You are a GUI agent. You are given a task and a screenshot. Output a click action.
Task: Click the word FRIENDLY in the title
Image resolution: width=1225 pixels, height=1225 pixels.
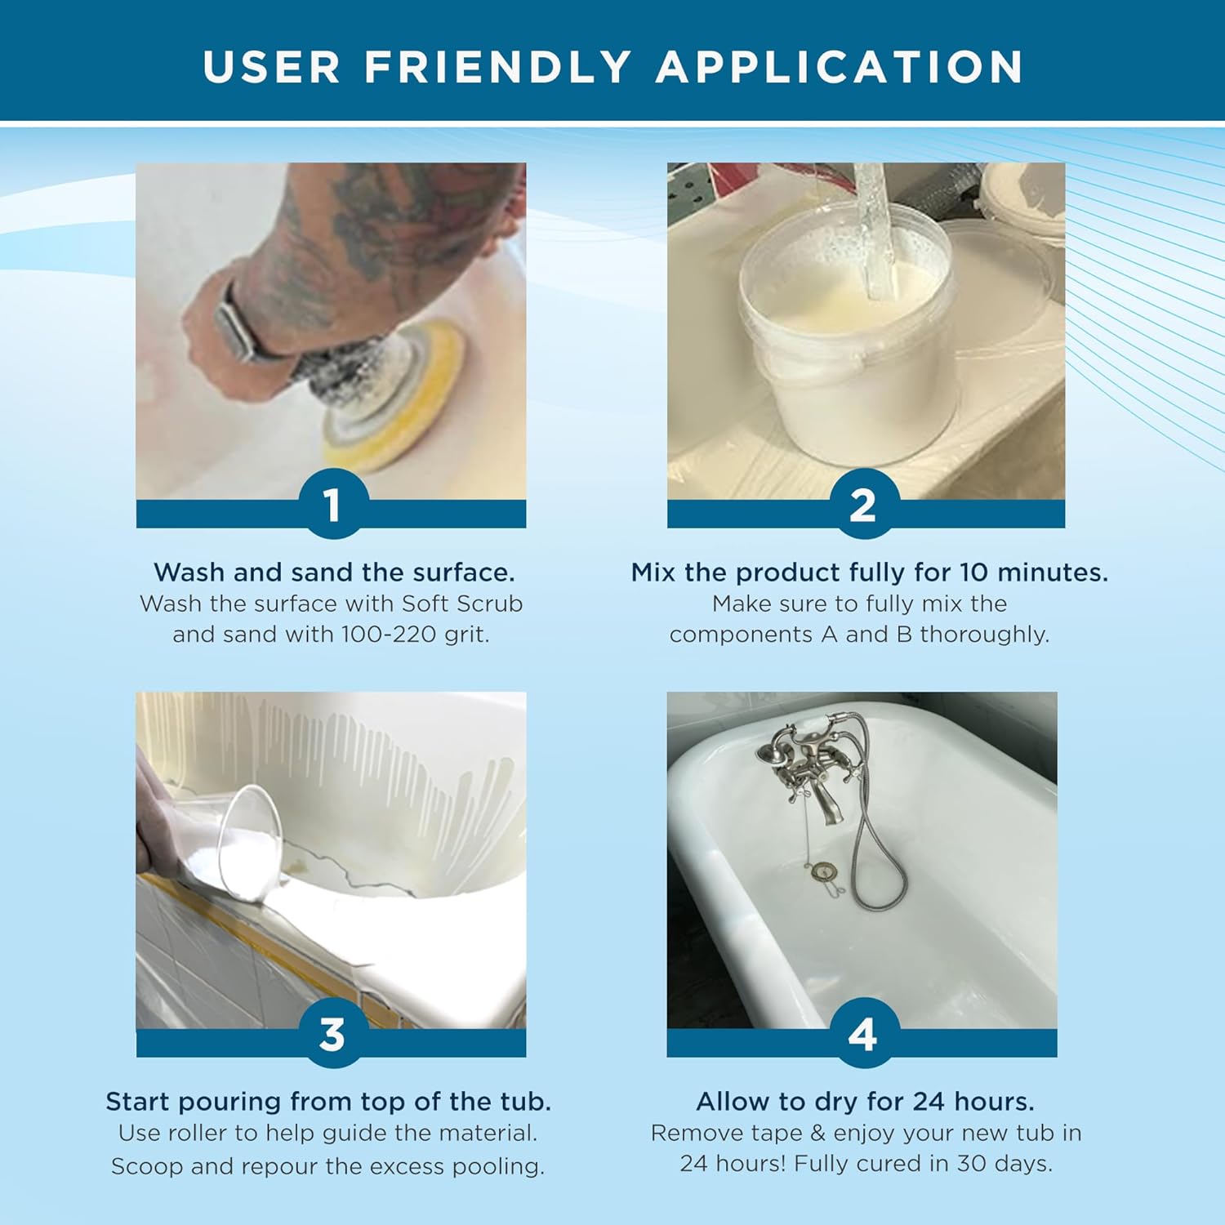[497, 67]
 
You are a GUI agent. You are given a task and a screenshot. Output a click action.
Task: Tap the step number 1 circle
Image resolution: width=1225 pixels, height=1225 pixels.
[332, 504]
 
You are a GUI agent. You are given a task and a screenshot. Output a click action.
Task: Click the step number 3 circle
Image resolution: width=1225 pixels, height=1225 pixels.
[332, 1034]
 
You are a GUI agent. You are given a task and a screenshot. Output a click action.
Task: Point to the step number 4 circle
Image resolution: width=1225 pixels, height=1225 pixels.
[862, 1034]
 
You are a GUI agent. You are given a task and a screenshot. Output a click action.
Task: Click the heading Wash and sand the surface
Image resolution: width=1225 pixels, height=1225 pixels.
[334, 572]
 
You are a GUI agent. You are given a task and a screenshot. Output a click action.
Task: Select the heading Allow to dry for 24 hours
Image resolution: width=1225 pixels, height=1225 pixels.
[865, 1102]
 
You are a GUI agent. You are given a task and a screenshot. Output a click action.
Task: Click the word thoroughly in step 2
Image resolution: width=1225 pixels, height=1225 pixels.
[984, 635]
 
